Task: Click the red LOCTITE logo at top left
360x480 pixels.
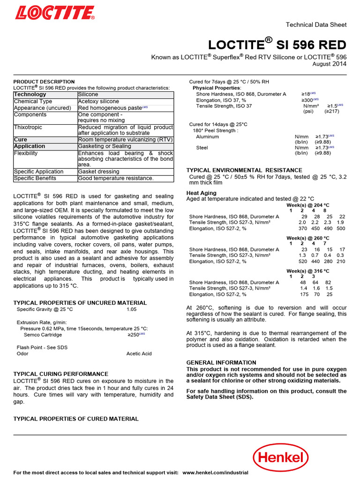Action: pyautogui.click(x=54, y=12)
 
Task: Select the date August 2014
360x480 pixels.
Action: pyautogui.click(x=330, y=64)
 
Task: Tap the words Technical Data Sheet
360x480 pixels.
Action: pyautogui.click(x=316, y=25)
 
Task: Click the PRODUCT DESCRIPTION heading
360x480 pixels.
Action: pyautogui.click(x=44, y=82)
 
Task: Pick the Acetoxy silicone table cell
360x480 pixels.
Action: pyautogui.click(x=98, y=101)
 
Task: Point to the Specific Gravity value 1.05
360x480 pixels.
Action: pyautogui.click(x=132, y=310)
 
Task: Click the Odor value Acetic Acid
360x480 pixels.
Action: pyautogui.click(x=139, y=353)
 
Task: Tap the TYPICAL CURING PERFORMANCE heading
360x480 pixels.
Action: pyautogui.click(x=60, y=374)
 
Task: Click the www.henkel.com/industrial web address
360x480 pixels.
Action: pyautogui.click(x=215, y=472)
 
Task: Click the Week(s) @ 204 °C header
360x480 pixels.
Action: pyautogui.click(x=307, y=205)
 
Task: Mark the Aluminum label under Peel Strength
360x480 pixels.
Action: pyautogui.click(x=207, y=137)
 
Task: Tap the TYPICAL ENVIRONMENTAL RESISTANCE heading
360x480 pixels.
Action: pyautogui.click(x=244, y=170)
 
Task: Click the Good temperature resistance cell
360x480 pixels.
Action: pyautogui.click(x=116, y=178)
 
